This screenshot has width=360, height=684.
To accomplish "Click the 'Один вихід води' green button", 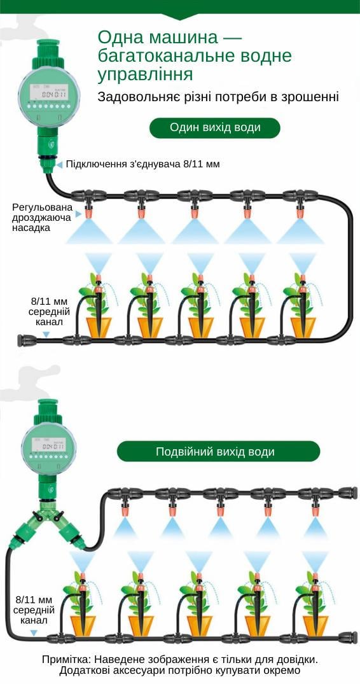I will tap(215, 128).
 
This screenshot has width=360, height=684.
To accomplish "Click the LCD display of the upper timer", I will tap(46, 95).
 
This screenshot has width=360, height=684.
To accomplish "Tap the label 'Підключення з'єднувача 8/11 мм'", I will tap(142, 164).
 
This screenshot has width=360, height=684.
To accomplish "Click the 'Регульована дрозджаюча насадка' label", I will tap(42, 217).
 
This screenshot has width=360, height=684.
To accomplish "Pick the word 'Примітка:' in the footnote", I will tap(66, 659).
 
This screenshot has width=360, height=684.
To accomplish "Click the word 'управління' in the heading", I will tap(145, 75).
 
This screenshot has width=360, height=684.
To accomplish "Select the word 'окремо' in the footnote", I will tap(280, 671).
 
